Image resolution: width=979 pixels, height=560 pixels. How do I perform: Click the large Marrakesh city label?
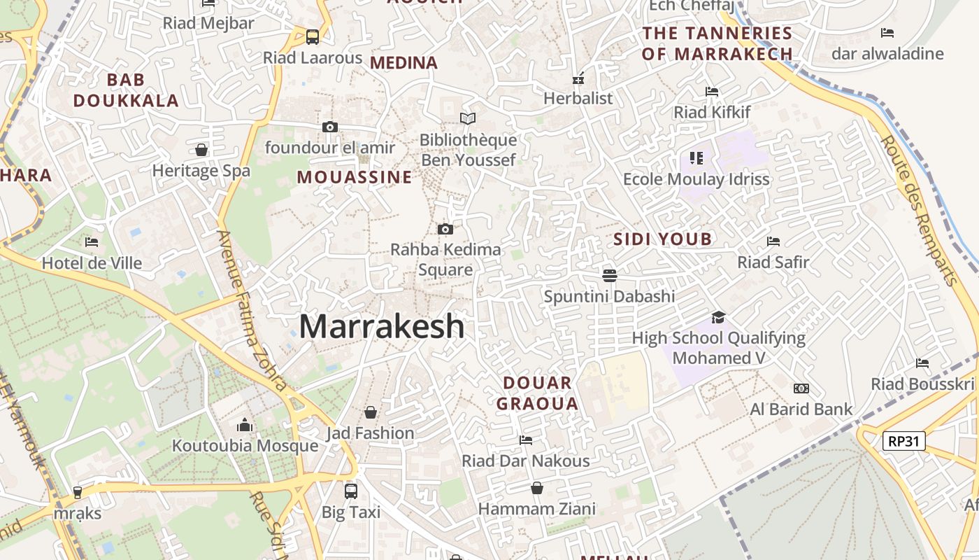[x=382, y=327]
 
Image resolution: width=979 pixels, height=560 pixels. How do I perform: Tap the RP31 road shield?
[x=903, y=441]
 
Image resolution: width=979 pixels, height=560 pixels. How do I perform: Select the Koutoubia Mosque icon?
[x=245, y=425]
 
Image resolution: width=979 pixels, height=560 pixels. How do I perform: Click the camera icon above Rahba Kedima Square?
[x=445, y=229]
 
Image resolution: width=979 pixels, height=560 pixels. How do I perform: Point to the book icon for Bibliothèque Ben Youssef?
[x=468, y=119]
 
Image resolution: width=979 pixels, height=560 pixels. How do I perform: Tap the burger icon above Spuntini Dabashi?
[x=609, y=275]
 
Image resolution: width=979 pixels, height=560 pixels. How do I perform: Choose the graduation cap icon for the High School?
[x=718, y=317]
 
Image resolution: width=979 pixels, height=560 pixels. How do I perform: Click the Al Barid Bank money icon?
[x=801, y=388]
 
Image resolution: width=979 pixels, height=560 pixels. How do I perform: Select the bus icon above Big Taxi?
[x=351, y=491]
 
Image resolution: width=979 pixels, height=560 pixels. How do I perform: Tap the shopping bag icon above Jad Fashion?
[x=371, y=412]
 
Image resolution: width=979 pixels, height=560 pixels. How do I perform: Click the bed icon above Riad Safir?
[x=773, y=241]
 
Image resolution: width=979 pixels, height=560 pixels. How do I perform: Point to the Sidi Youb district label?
[x=662, y=239]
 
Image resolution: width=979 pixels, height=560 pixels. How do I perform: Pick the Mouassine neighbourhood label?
[x=355, y=177]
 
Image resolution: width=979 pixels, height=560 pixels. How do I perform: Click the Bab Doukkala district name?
[x=126, y=90]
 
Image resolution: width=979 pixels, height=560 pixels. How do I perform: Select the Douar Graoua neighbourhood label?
[x=537, y=393]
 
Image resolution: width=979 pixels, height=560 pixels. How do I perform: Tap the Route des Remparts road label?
[x=920, y=210]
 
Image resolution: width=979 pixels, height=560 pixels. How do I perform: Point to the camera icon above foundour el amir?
[x=330, y=127]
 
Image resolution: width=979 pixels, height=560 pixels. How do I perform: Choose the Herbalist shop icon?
[x=578, y=78]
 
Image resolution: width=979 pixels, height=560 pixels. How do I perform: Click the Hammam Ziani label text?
[x=537, y=509]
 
